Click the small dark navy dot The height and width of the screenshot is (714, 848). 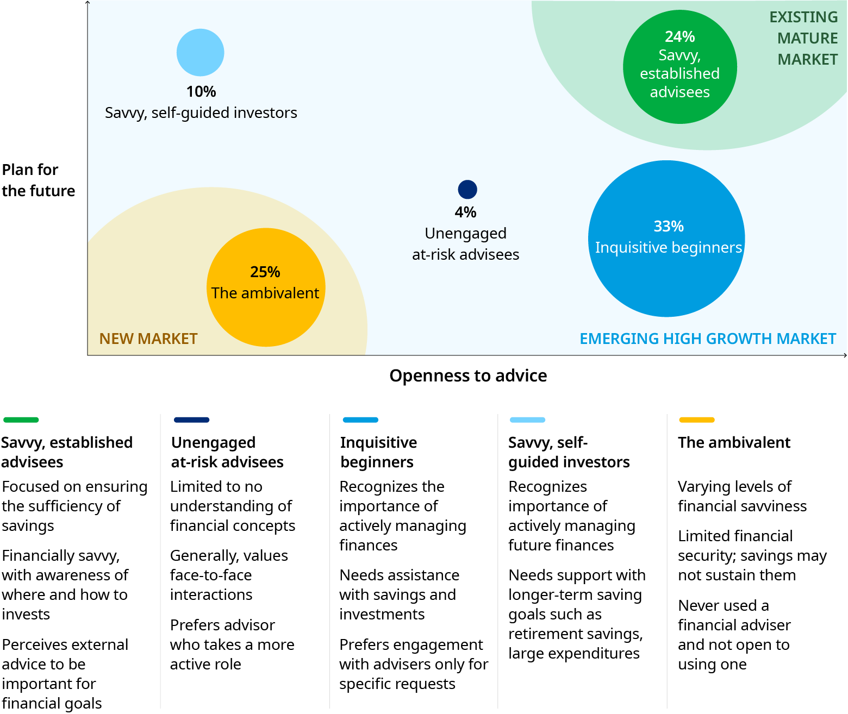click(467, 190)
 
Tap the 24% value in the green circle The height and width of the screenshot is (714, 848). click(679, 37)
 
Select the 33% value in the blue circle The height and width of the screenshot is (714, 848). click(668, 226)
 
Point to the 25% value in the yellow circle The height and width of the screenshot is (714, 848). click(265, 272)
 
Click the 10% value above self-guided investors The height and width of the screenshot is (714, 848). click(201, 91)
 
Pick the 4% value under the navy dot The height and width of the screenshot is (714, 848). click(465, 212)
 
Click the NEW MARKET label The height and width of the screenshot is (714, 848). click(148, 339)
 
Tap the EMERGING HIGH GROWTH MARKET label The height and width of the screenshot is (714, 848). click(707, 339)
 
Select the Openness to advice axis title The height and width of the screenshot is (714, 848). click(468, 375)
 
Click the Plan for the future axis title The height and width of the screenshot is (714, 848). click(38, 180)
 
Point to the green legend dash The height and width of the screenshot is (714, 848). click(21, 419)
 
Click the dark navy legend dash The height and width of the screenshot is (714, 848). click(191, 419)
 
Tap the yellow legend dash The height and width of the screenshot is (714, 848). click(696, 419)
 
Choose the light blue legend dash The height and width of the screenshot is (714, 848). click(527, 419)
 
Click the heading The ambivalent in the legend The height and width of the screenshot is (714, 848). click(734, 442)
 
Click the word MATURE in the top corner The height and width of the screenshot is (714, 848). click(807, 38)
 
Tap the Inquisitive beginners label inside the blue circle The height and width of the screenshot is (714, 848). click(668, 247)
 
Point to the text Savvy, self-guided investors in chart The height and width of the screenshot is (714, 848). click(201, 112)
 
